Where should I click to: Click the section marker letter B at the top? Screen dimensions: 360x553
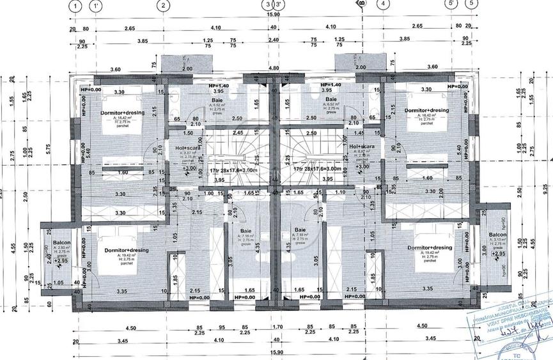tap(361, 6)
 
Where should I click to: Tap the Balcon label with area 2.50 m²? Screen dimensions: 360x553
tap(61, 243)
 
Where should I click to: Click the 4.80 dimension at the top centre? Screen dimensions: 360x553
tap(273, 68)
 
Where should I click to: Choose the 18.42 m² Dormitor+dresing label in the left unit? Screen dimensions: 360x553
tap(122, 113)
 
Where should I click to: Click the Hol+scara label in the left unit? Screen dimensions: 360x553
tap(185, 147)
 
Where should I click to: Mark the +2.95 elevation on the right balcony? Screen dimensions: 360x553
tap(497, 254)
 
